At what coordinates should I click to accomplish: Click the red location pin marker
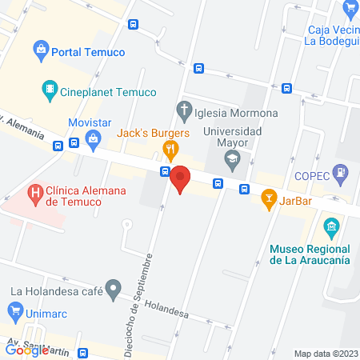pos(181,179)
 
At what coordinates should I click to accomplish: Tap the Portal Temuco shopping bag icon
pos(40,51)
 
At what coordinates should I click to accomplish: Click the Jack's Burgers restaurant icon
pos(170,148)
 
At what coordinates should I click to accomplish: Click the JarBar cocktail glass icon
pos(269,197)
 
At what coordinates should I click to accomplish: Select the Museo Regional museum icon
pos(330,228)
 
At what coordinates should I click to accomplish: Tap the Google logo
pos(26,350)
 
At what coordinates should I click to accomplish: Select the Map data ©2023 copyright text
pos(326,353)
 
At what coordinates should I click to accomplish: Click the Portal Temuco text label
pos(88,52)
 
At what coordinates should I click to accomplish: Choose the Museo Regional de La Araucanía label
pos(309,254)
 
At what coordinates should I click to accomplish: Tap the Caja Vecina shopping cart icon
pos(349,9)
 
